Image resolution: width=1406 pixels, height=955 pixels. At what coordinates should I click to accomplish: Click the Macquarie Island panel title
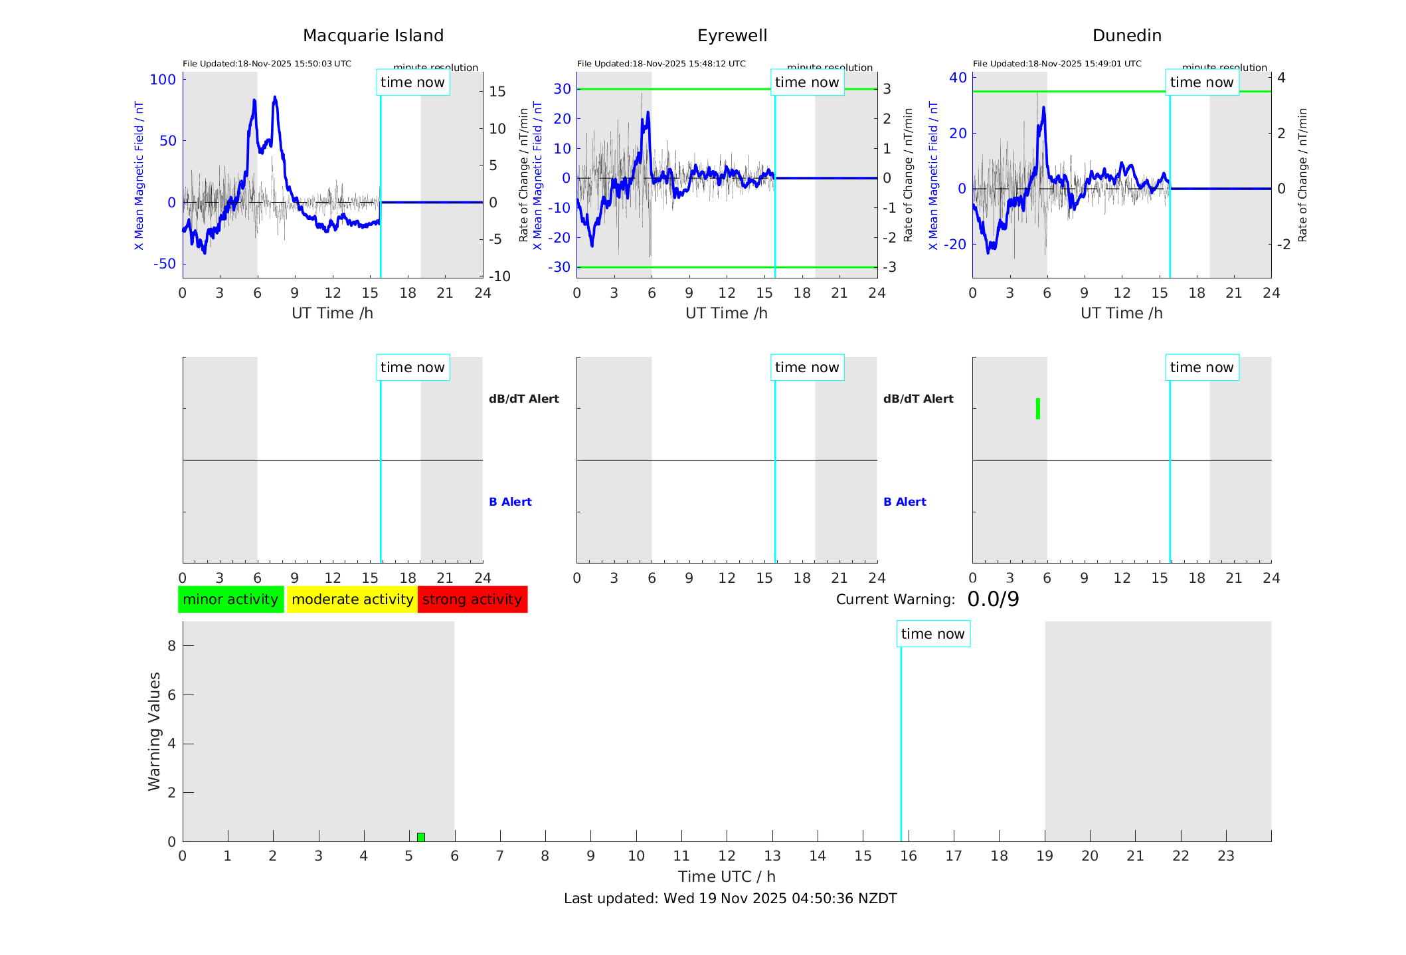[373, 36]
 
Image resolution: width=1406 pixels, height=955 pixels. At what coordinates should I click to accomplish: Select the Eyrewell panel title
[732, 36]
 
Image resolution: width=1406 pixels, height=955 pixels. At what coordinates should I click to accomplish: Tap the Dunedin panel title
[1126, 36]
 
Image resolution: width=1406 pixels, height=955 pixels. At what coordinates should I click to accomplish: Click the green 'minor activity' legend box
[230, 599]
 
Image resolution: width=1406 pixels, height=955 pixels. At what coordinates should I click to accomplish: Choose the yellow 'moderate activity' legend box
[352, 599]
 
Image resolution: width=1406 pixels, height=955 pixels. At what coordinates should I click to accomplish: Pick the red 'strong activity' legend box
[472, 599]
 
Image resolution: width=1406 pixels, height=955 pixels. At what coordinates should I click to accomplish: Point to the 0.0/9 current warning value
[993, 599]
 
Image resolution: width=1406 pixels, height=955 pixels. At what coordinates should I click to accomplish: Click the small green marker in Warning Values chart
[421, 837]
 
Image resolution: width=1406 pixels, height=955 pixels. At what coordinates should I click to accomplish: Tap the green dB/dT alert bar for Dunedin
[1037, 409]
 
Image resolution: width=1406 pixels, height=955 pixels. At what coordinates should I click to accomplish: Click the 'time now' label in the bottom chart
[932, 634]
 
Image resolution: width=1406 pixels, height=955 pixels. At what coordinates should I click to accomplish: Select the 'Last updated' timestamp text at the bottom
[730, 899]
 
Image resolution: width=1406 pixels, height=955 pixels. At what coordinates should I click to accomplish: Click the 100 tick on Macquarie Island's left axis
[163, 80]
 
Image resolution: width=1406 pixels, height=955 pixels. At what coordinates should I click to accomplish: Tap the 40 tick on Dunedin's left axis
[958, 78]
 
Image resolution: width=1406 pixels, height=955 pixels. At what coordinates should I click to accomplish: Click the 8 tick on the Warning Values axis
[171, 645]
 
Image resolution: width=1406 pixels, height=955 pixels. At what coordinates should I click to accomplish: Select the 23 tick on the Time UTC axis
[1225, 856]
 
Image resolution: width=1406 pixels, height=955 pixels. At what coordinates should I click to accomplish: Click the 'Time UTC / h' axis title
[727, 877]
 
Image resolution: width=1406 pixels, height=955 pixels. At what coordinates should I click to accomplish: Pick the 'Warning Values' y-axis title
[155, 731]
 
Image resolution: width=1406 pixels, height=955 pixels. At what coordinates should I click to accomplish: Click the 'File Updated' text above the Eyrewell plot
[661, 64]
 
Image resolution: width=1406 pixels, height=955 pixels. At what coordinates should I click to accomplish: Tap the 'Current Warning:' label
[895, 599]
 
